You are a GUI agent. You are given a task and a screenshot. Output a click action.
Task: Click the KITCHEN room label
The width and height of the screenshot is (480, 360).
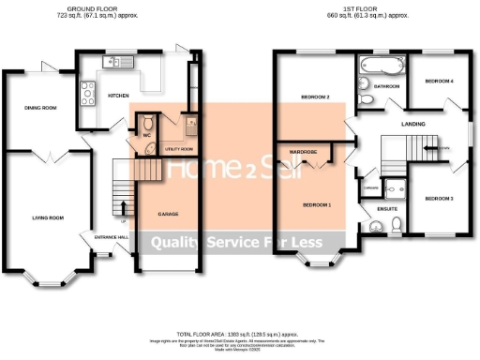pos(119,96)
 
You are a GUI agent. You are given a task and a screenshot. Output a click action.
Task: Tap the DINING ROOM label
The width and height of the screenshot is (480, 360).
pos(40,108)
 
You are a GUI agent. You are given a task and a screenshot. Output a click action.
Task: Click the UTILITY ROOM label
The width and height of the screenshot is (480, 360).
pos(178,149)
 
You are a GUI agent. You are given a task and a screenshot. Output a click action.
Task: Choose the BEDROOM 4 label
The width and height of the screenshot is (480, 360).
pos(439,82)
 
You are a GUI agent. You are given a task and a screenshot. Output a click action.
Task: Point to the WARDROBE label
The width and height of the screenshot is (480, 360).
pos(304,151)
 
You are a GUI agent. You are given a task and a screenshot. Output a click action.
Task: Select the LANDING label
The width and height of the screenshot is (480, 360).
pos(412,123)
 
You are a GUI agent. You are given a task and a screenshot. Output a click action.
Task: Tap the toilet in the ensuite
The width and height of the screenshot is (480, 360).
pos(397,223)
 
